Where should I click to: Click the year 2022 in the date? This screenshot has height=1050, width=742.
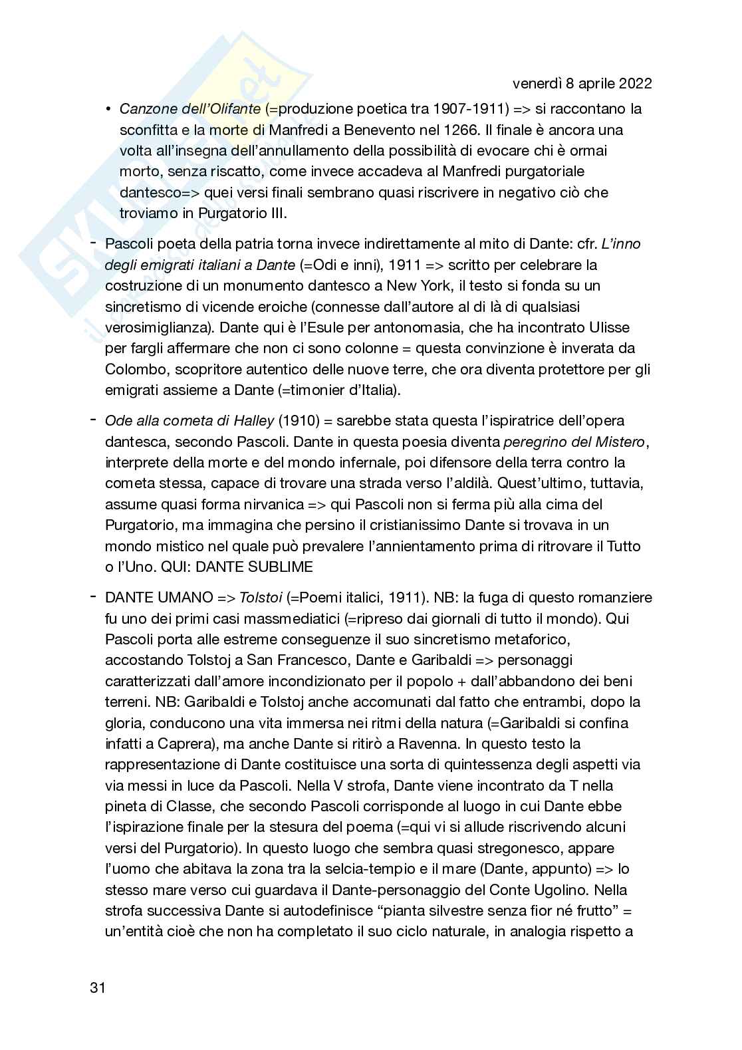(634, 84)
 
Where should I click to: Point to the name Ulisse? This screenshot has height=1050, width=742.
(614, 328)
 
